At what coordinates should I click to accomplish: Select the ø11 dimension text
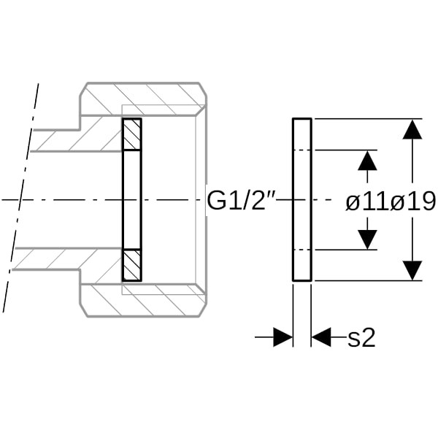(x=367, y=201)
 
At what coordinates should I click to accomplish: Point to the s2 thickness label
(x=361, y=337)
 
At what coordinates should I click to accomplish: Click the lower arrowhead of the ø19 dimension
(x=412, y=270)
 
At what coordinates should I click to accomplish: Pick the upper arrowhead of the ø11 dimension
(x=367, y=160)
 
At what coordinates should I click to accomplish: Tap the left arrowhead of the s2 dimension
(x=283, y=337)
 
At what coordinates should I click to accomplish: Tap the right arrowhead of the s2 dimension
(x=321, y=337)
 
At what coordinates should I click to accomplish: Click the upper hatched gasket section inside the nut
(x=131, y=134)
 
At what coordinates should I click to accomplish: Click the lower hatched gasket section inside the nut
(x=131, y=264)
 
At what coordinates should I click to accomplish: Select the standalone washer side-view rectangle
(x=301, y=199)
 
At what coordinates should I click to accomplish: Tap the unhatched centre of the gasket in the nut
(x=131, y=199)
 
